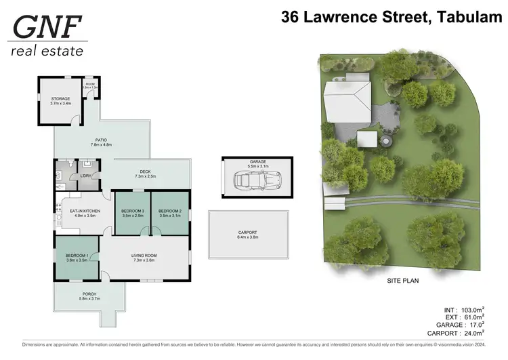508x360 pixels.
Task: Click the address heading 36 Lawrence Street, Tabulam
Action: tap(391, 18)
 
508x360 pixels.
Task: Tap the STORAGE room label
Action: tap(60, 99)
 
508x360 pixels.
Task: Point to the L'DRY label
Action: tap(86, 176)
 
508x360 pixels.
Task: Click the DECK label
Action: tap(145, 172)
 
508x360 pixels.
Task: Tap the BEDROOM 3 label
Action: tap(133, 211)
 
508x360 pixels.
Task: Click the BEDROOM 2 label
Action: tap(170, 211)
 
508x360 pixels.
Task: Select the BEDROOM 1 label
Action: tap(77, 256)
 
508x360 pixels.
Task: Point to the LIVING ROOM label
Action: tap(145, 256)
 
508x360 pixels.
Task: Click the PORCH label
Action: tap(89, 294)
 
